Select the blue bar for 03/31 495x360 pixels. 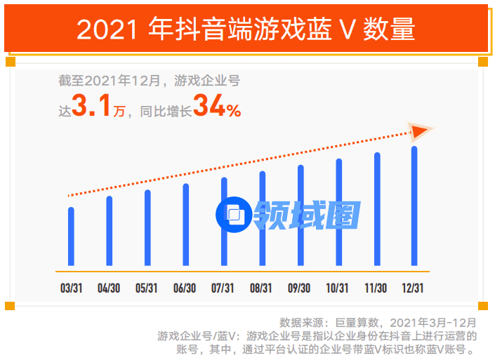71,237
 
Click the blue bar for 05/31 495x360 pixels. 147,229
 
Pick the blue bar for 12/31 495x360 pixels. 414,207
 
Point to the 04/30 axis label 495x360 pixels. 109,288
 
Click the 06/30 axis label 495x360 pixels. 185,288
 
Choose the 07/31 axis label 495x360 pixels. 223,288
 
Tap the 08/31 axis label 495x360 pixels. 261,288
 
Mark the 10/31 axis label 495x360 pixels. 338,288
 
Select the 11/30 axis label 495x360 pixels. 376,288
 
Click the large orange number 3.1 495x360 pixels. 91,107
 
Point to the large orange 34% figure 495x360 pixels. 217,107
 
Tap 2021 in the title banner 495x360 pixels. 108,29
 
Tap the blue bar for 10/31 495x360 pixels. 338,213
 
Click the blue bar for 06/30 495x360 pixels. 185,226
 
